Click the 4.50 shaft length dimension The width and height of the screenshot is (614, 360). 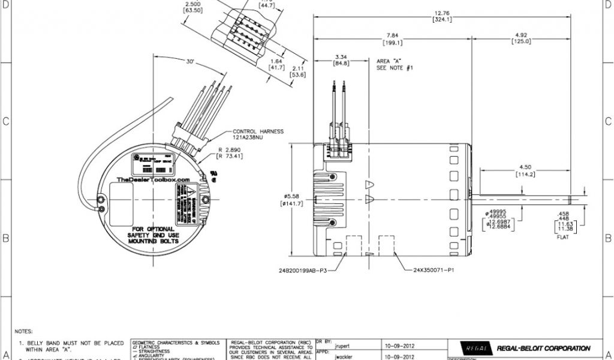tap(525, 168)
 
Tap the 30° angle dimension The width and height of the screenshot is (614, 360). tap(190, 61)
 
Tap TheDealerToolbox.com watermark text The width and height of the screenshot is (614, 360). tap(153, 179)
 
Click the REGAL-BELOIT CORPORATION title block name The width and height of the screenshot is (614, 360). tap(543, 348)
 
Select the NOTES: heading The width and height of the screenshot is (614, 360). tap(23, 331)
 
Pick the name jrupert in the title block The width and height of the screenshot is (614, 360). tap(344, 346)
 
